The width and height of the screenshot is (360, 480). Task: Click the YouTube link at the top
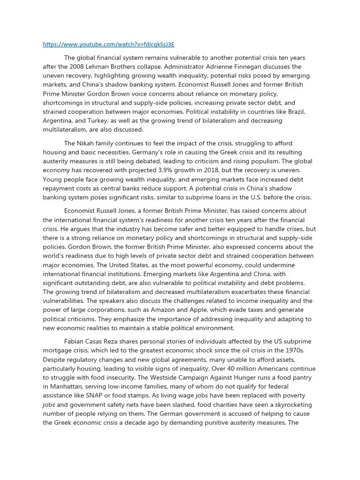pos(108,45)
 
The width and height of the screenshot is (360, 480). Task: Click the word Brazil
pos(295,112)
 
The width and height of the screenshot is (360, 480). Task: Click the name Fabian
pos(75,341)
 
